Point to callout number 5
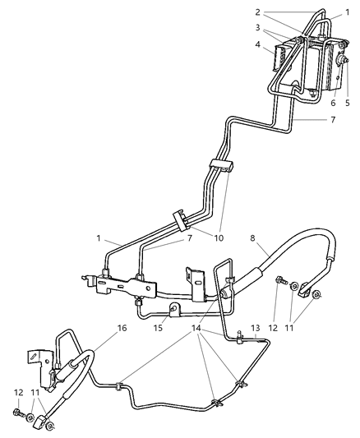coord(348,103)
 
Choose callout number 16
coord(99,326)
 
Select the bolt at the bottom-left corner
coord(18,413)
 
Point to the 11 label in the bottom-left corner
coord(35,394)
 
